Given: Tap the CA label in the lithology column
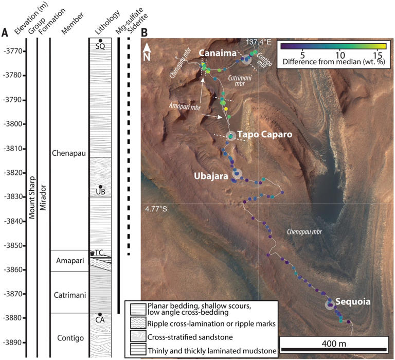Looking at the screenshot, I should (x=100, y=320).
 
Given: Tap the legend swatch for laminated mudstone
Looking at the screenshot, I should (x=137, y=350).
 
